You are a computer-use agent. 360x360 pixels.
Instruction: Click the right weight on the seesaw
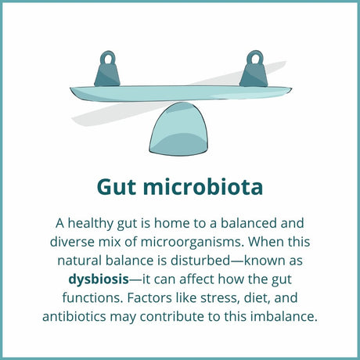click(x=254, y=72)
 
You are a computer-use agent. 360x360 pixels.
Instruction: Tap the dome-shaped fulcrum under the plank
click(x=180, y=126)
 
